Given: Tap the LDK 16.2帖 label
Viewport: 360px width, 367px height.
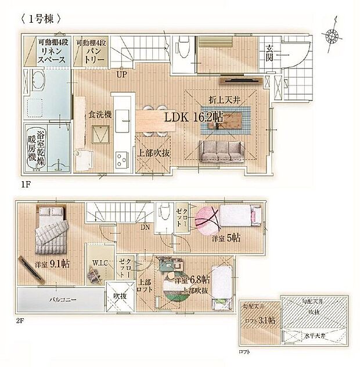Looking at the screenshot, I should (x=194, y=117).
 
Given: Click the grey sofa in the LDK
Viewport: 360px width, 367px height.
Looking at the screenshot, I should (x=221, y=152).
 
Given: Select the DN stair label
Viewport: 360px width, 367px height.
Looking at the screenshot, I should (x=145, y=227).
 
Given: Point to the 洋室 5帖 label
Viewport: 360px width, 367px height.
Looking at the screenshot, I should (x=226, y=238).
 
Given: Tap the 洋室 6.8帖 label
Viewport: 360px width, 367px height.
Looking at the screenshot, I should (x=192, y=280).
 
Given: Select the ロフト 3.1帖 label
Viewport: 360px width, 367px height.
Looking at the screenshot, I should (x=260, y=320).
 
